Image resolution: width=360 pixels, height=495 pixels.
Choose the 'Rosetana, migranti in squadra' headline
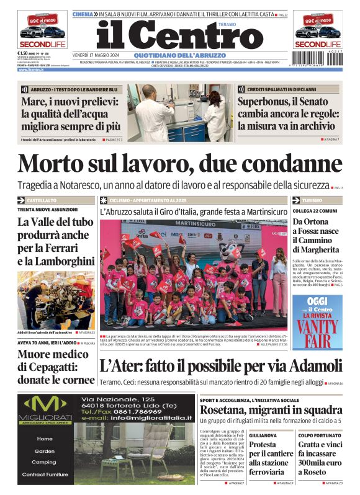271,410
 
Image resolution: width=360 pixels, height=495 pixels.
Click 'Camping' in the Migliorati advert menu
44,462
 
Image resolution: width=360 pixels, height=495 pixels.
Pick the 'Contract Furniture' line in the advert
44,474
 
